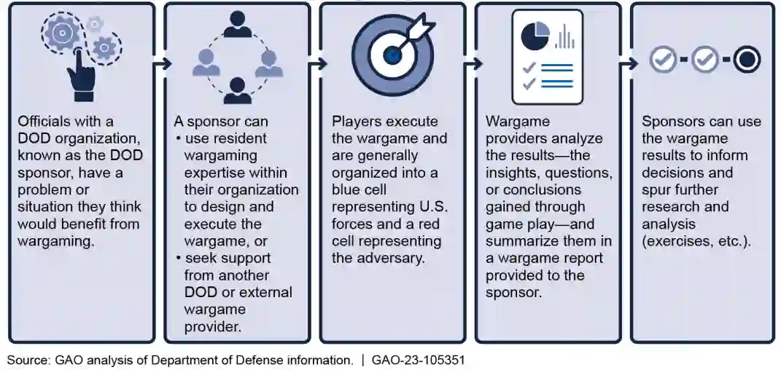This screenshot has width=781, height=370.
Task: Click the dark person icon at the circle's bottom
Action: (x=237, y=90)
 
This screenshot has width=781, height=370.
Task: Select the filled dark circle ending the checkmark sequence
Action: (x=746, y=60)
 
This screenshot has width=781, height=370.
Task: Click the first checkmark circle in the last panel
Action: (x=663, y=60)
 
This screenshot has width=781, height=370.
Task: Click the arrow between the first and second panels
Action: (x=160, y=63)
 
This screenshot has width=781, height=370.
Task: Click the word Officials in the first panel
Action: (x=46, y=122)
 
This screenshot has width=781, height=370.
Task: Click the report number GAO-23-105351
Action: (x=418, y=360)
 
